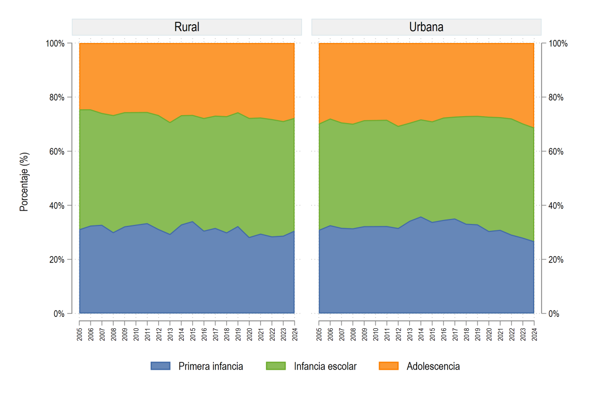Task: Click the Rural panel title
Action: [187, 27]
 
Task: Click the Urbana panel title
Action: [426, 27]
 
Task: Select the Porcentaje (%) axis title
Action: [24, 182]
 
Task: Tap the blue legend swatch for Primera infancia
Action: [161, 366]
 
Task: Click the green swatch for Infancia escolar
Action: [276, 366]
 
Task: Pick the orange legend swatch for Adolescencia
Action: [388, 366]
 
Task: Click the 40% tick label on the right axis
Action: [556, 206]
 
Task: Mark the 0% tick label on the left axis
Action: [59, 314]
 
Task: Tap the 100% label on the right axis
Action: [558, 44]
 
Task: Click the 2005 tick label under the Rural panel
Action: [80, 334]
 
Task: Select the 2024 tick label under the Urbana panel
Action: [534, 334]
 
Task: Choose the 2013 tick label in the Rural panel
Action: [170, 334]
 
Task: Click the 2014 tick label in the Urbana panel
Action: [421, 334]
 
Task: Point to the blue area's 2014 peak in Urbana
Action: [421, 217]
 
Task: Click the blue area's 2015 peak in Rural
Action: [192, 221]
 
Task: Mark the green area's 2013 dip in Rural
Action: [170, 123]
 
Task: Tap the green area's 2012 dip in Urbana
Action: [398, 126]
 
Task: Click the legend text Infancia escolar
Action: [325, 366]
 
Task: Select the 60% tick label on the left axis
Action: [57, 151]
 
